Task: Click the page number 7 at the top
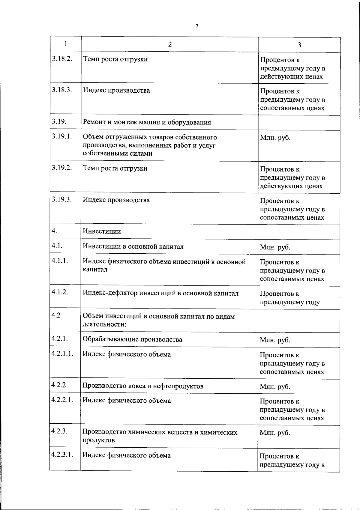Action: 197,26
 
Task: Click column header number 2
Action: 170,44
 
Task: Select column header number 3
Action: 299,45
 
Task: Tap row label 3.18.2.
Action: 62,58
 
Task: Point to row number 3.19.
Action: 59,121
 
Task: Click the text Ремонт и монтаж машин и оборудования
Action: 147,122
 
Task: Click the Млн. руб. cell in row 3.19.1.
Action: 275,138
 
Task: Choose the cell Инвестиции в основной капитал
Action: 133,246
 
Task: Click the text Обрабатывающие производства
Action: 132,339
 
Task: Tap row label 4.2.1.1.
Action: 62,353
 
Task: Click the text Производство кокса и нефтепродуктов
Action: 143,386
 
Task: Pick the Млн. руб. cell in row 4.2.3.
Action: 275,433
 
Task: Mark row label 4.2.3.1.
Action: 62,455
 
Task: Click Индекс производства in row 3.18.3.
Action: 116,90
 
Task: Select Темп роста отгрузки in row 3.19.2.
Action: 115,168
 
